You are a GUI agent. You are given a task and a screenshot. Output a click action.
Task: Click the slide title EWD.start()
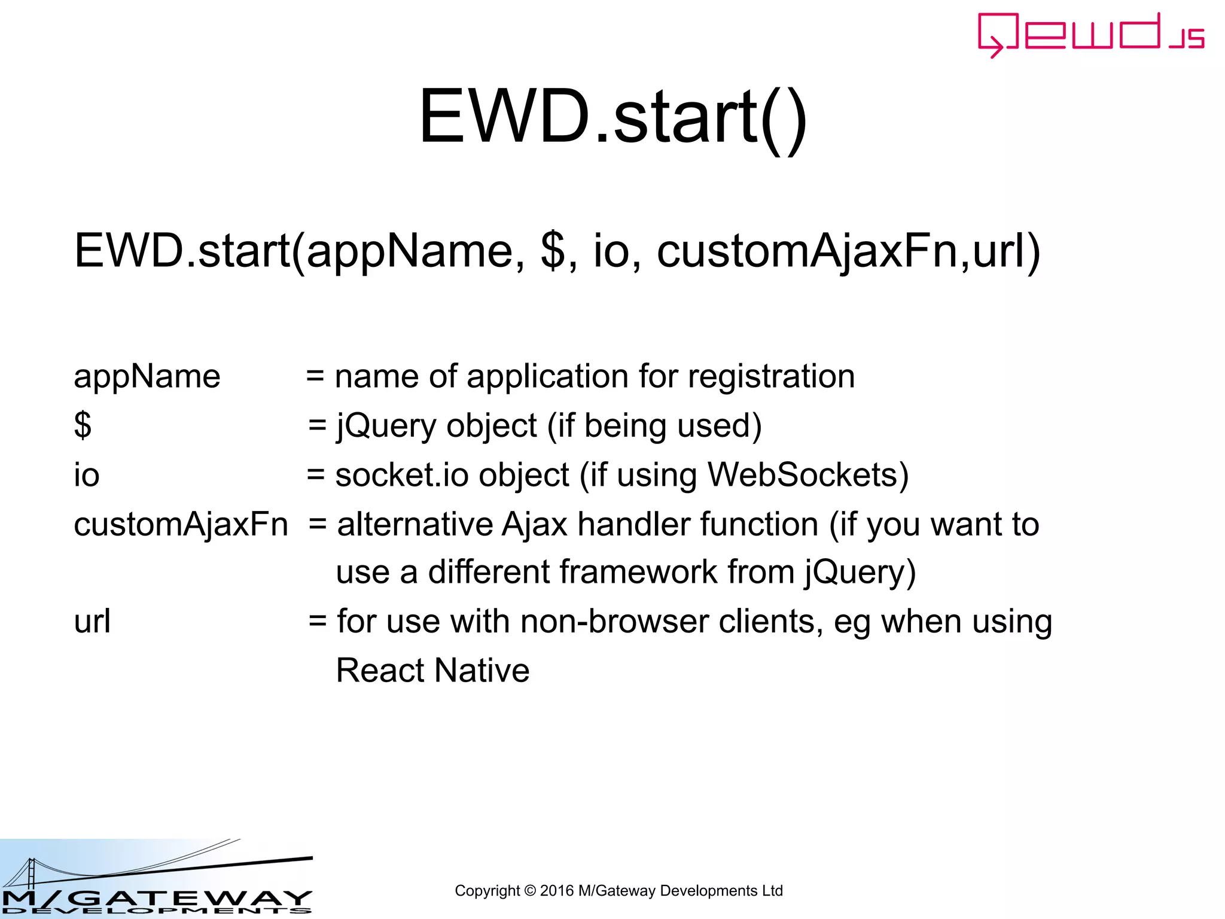pyautogui.click(x=612, y=117)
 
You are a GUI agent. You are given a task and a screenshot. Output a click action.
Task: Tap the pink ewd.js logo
pyautogui.click(x=1090, y=35)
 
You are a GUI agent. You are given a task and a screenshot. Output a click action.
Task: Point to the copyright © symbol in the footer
pyautogui.click(x=530, y=891)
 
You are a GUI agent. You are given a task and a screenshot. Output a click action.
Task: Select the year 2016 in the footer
pyautogui.click(x=556, y=891)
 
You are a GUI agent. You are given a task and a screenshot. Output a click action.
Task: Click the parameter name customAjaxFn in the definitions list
pyautogui.click(x=181, y=525)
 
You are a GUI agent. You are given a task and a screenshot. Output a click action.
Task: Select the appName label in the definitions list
pyautogui.click(x=147, y=377)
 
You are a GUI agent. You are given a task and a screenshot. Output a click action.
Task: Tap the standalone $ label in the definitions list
pyautogui.click(x=83, y=426)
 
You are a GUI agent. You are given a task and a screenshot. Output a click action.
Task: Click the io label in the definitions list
pyautogui.click(x=87, y=476)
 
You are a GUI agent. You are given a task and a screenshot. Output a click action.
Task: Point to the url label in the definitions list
pyautogui.click(x=92, y=622)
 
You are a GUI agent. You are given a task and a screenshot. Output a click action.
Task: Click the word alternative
pyautogui.click(x=415, y=525)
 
